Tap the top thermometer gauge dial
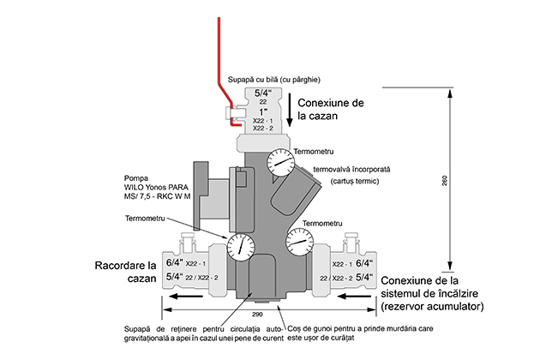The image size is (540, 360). [x=279, y=160]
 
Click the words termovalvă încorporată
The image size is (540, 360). [x=352, y=169]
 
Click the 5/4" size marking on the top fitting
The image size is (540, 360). [x=263, y=92]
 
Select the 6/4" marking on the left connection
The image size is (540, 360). [x=174, y=263]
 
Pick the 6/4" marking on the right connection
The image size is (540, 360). [x=364, y=263]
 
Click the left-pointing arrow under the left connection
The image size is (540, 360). [x=188, y=296]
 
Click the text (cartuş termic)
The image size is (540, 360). [x=351, y=182]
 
